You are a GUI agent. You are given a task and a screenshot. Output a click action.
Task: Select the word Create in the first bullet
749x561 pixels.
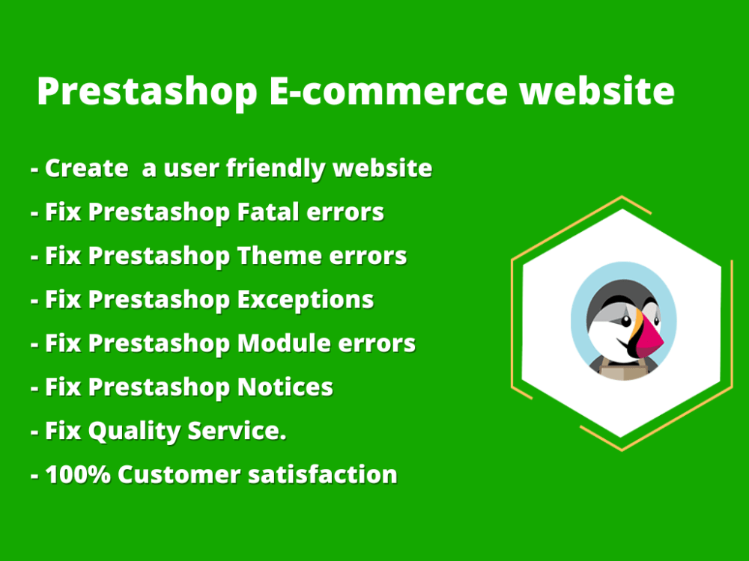click(x=86, y=168)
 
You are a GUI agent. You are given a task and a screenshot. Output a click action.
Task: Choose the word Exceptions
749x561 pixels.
click(x=305, y=300)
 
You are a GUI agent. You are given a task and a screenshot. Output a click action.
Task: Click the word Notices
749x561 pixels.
click(x=285, y=387)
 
